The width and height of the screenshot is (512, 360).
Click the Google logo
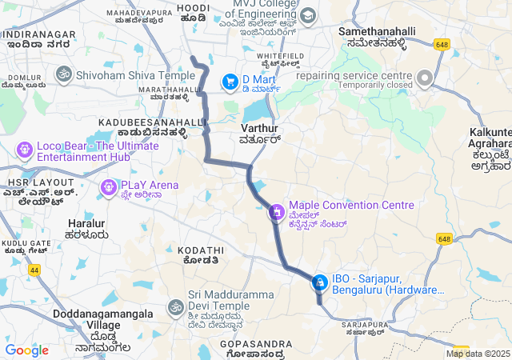click(x=26, y=350)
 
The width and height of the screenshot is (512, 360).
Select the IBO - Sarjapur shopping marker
click(x=319, y=282)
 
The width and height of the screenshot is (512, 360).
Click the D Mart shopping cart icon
click(x=230, y=80)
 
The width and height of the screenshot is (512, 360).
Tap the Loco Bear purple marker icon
click(x=24, y=149)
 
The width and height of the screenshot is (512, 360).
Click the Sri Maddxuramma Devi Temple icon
click(x=175, y=306)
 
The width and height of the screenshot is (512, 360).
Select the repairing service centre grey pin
click(x=424, y=78)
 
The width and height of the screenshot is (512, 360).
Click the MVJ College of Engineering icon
click(x=307, y=15)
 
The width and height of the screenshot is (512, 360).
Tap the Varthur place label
click(x=258, y=128)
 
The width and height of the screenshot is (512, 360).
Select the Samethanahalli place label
click(x=373, y=31)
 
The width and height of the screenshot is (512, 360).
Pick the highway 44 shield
click(x=34, y=270)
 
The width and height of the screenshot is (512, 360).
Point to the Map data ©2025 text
click(x=478, y=354)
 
